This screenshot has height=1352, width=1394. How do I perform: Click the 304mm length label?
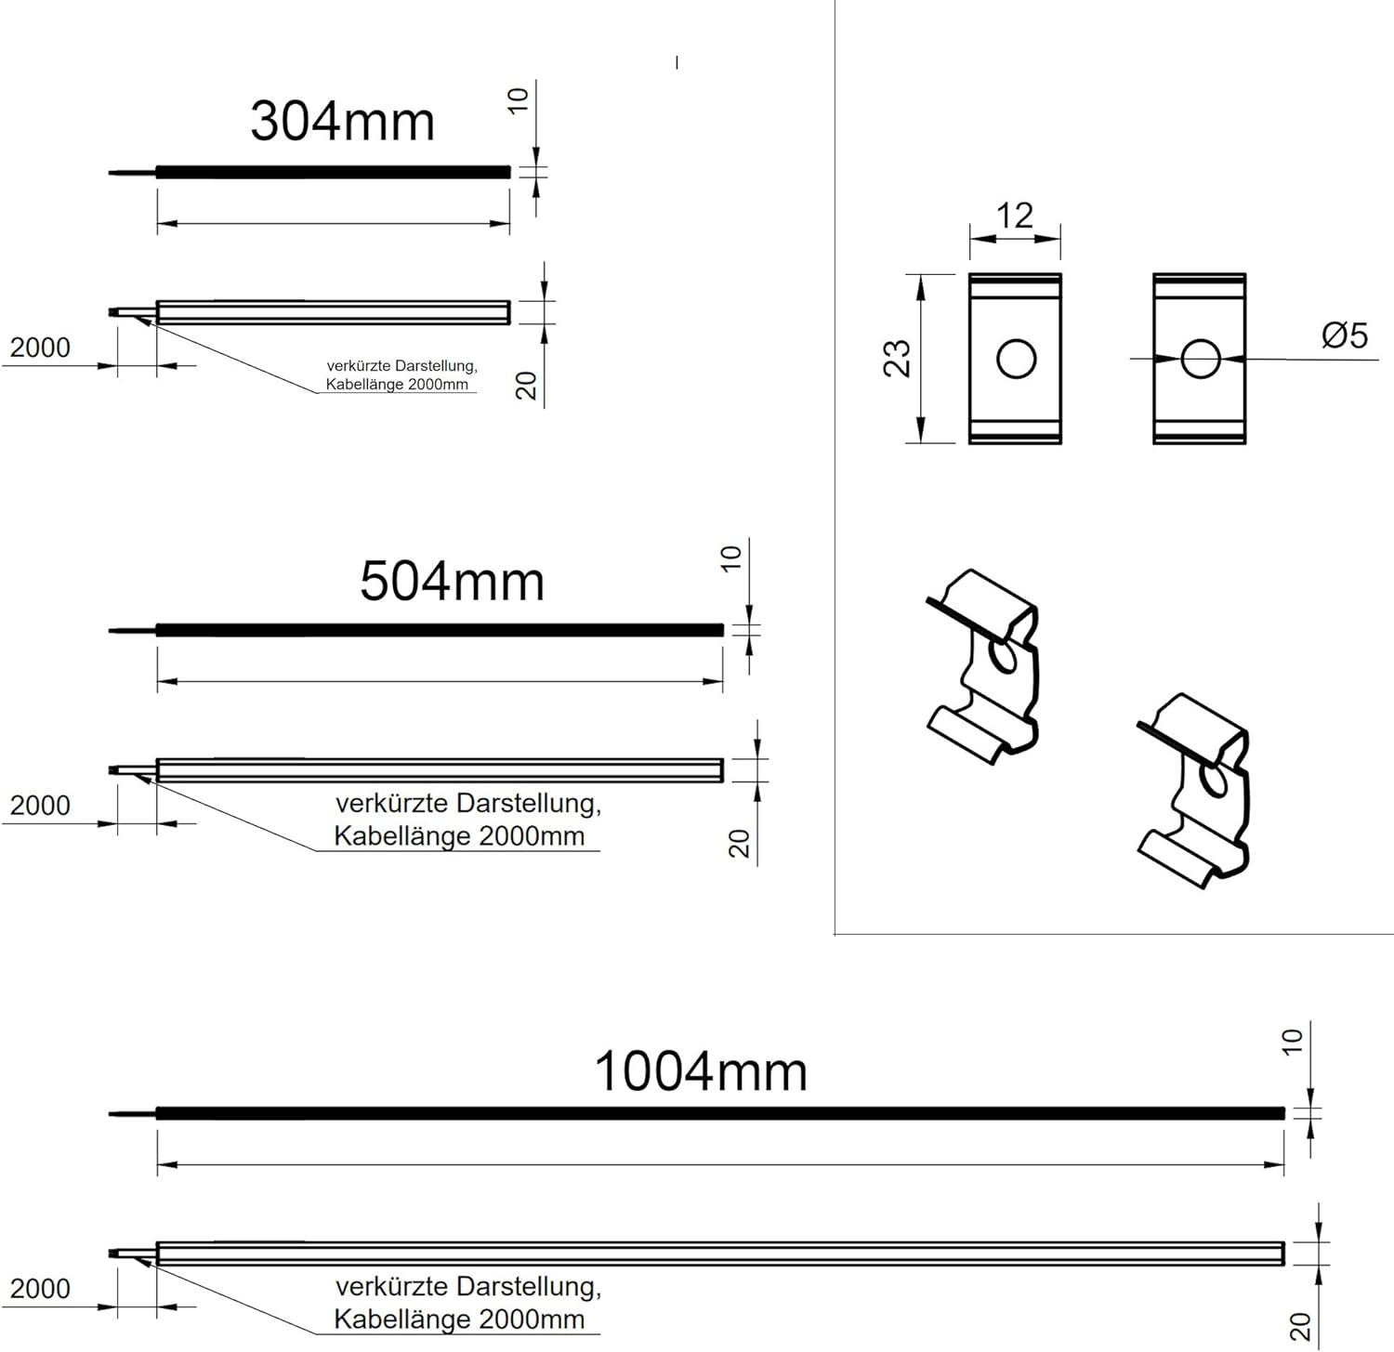click(342, 122)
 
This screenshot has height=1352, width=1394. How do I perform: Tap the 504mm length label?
click(452, 582)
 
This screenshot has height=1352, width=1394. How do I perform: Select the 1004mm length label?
click(701, 1071)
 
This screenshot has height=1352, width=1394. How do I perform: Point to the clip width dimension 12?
click(1014, 216)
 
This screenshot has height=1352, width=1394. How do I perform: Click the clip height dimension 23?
click(897, 358)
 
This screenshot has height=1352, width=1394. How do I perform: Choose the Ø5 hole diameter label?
click(1345, 335)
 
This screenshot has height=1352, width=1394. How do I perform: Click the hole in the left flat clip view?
click(1016, 359)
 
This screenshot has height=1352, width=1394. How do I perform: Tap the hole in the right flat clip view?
click(1200, 359)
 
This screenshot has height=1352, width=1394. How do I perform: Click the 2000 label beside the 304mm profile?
click(40, 348)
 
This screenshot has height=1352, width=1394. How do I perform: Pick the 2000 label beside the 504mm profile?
click(40, 806)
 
